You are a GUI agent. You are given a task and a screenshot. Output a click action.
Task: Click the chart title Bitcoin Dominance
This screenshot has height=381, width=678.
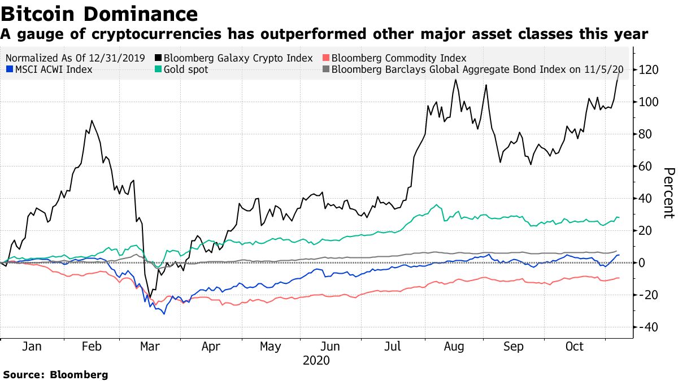click(99, 14)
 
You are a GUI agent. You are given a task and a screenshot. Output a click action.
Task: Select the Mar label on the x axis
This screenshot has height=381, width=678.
click(150, 347)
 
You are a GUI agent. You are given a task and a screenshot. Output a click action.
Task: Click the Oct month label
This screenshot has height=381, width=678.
click(574, 347)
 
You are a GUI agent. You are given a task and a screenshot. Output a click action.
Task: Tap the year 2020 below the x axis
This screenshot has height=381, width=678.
click(317, 360)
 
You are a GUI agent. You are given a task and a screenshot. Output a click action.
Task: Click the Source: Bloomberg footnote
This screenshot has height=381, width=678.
click(55, 374)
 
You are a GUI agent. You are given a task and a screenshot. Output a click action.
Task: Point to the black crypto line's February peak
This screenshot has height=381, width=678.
click(92, 120)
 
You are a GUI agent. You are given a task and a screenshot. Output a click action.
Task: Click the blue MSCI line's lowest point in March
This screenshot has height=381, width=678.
click(164, 313)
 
